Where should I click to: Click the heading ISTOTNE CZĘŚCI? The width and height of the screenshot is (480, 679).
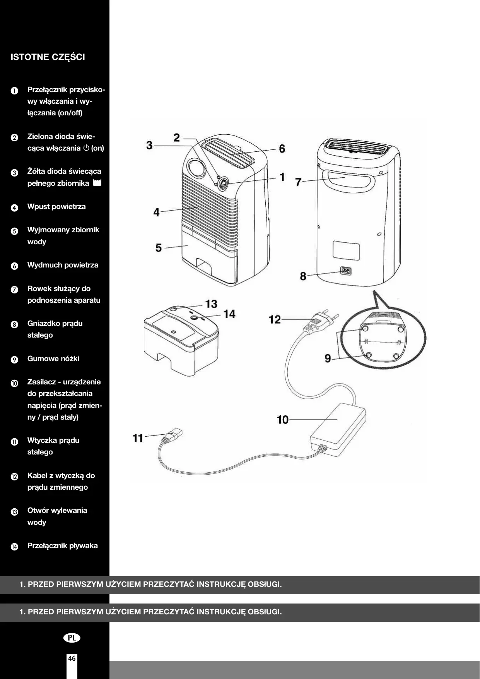tap(48, 57)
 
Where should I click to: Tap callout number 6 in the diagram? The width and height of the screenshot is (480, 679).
tap(282, 149)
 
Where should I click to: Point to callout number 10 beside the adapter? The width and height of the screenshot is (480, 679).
tap(283, 420)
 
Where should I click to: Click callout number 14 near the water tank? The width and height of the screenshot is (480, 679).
tap(229, 314)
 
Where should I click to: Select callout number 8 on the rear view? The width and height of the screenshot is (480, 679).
tap(303, 276)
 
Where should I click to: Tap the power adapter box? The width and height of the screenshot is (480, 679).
tap(338, 429)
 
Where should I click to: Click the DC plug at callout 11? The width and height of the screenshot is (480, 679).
tap(173, 436)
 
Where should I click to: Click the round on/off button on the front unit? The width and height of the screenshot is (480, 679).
tap(223, 184)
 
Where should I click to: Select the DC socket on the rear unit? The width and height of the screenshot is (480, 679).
tap(346, 271)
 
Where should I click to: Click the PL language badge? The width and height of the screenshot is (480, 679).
tap(72, 638)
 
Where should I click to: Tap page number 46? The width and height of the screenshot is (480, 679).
tap(72, 658)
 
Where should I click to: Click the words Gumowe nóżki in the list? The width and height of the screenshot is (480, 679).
tap(53, 359)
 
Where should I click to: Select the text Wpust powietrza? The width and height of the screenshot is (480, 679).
tap(56, 207)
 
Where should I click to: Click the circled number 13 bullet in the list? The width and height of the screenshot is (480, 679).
tap(14, 512)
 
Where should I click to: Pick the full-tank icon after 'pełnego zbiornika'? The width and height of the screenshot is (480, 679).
tap(97, 183)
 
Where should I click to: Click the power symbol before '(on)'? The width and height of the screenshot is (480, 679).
tap(86, 148)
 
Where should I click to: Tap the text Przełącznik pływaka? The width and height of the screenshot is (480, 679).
tap(63, 546)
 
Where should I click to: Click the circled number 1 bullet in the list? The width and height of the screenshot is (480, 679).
tap(14, 91)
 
